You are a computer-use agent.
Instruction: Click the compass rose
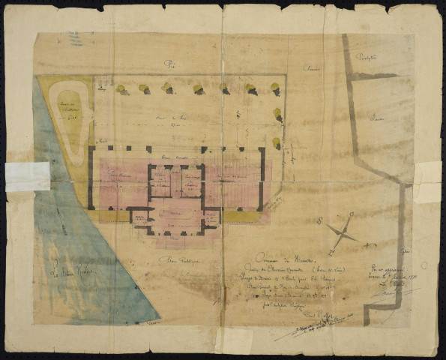(x=343, y=231)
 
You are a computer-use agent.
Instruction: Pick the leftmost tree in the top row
(x=120, y=90)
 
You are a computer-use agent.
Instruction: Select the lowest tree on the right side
(x=276, y=142)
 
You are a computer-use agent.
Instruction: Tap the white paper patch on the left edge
(x=27, y=177)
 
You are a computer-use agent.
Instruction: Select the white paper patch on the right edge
(x=427, y=181)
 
